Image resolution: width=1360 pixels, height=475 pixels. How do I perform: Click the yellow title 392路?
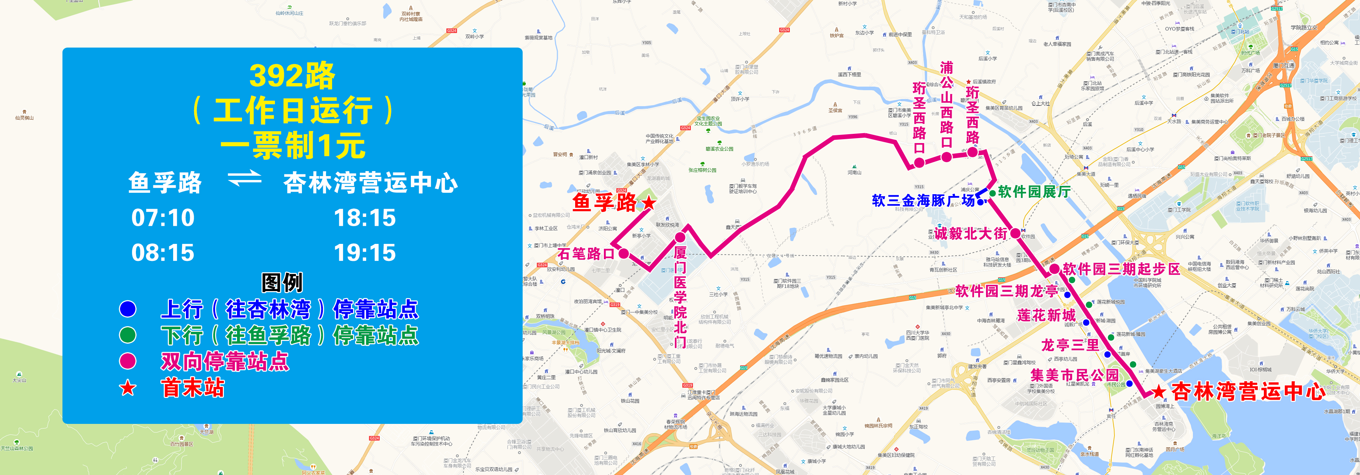(x=292, y=76)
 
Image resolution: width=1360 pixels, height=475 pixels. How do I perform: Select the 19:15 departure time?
(x=365, y=252)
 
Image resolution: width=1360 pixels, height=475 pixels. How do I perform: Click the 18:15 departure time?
(x=365, y=218)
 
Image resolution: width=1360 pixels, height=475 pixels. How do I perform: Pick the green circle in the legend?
(x=128, y=335)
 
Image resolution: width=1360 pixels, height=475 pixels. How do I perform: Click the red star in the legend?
(x=128, y=388)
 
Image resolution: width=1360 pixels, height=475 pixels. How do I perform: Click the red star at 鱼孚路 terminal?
(x=649, y=202)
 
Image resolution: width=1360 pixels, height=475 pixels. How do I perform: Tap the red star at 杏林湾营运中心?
(x=1159, y=392)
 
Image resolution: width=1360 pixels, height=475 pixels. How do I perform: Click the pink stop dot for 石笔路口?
(x=623, y=253)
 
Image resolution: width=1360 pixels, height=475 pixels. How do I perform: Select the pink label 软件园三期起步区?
(x=1121, y=269)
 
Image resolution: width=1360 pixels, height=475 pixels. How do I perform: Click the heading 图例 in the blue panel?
(x=282, y=283)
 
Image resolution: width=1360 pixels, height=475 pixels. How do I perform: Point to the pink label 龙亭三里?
(x=1070, y=345)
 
